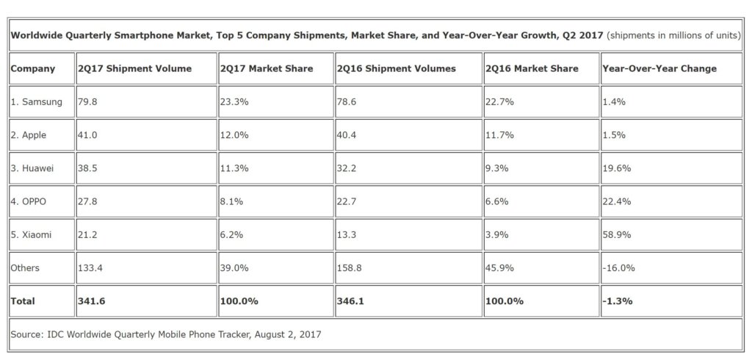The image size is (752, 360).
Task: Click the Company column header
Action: pyautogui.click(x=33, y=69)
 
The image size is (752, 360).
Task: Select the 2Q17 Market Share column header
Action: pyautogui.click(x=266, y=69)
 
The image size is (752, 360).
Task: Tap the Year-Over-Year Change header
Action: pyautogui.click(x=659, y=69)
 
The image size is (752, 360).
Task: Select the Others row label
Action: pyautogui.click(x=24, y=268)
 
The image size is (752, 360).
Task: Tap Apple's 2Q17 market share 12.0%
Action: pyautogui.click(x=234, y=135)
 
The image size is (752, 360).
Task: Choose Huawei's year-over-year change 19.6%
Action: pyautogui.click(x=616, y=168)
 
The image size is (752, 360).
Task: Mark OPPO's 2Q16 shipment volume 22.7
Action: pyautogui.click(x=347, y=202)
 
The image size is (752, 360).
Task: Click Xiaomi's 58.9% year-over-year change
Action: pyautogui.click(x=616, y=235)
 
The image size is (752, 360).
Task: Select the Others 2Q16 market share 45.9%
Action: pyautogui.click(x=499, y=268)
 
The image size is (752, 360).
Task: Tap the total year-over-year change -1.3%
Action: pyautogui.click(x=616, y=301)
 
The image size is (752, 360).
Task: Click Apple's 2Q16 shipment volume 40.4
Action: pyautogui.click(x=347, y=135)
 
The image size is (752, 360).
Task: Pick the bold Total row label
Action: pyautogui.click(x=23, y=301)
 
